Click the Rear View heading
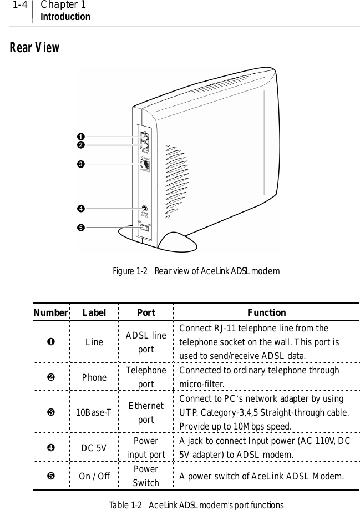34,48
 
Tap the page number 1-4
21,5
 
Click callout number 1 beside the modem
80,137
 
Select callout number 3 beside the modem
80,164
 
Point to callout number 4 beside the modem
80,209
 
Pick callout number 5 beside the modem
80,226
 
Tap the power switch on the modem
144,226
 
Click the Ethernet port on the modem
145,164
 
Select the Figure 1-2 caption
196,271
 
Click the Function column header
266,312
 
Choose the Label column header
94,312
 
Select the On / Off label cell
94,477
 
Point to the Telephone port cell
146,377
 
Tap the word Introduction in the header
65,17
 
